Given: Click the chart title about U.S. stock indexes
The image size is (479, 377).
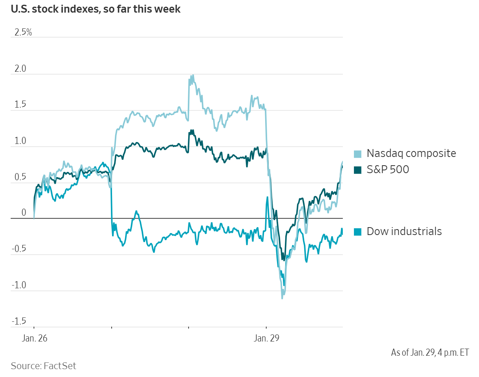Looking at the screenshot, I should pos(95,9).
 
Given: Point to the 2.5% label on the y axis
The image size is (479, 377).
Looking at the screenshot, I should pos(23,32).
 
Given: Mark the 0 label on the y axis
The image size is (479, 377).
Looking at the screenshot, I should pos(23,213).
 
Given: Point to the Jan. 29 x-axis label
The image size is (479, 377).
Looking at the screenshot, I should pos(266,338).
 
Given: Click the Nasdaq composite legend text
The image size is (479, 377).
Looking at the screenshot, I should pos(411,153).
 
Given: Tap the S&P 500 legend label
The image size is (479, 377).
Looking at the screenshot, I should pos(388,170).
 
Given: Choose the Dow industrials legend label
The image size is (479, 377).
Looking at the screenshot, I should pos(404,231).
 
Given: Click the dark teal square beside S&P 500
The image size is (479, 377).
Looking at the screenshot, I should pos(357,170).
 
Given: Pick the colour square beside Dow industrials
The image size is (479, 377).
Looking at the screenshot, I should pos(357,232).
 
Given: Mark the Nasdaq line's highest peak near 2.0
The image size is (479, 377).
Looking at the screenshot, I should pos(193,75).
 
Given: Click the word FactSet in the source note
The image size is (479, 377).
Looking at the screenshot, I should pos(60,366).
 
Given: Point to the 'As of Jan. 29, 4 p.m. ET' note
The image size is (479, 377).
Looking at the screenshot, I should pos(430,352).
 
